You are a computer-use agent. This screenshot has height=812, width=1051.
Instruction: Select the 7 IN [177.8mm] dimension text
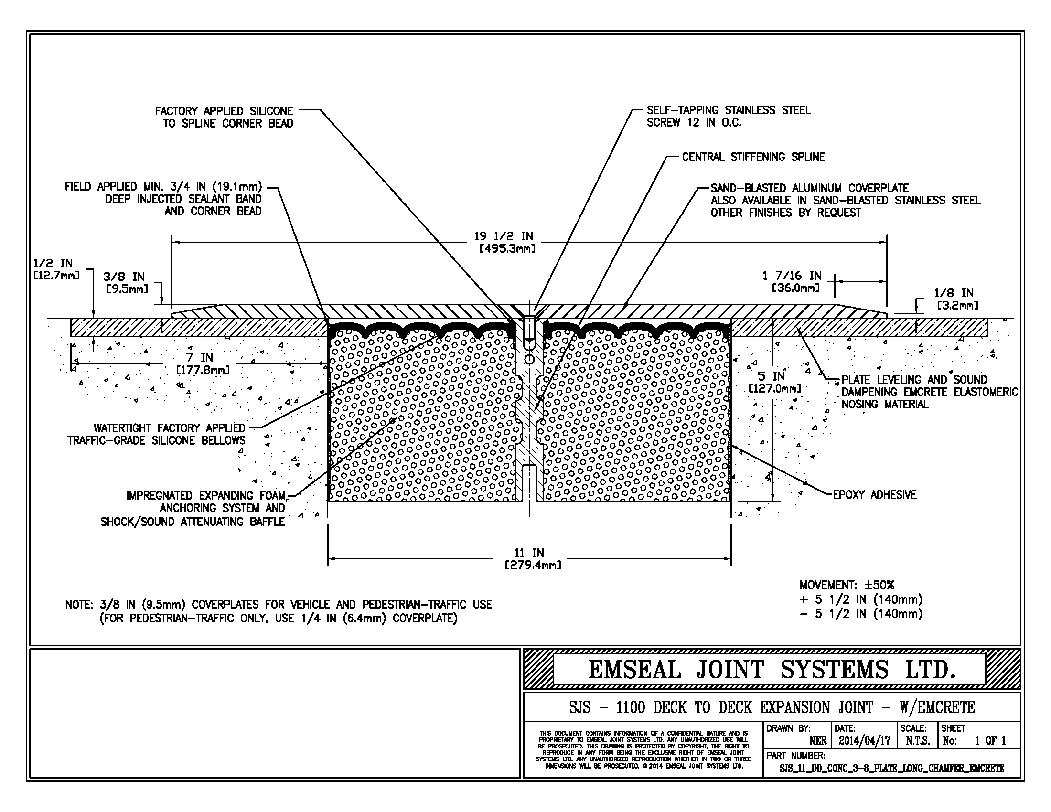tap(202, 363)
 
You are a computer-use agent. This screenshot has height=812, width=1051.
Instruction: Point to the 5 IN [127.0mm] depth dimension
tap(775, 382)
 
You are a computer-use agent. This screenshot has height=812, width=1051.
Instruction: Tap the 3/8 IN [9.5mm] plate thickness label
tap(126, 282)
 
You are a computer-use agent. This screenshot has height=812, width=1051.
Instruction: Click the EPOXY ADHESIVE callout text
tap(874, 494)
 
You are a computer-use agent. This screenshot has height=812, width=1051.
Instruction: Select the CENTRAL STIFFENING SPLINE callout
tap(753, 157)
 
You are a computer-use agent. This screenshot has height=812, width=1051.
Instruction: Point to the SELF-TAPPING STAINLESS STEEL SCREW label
tap(728, 116)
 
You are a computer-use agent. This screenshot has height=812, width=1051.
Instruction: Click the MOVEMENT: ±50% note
tap(847, 585)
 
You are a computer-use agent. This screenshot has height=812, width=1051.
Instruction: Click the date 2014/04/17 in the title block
tap(864, 740)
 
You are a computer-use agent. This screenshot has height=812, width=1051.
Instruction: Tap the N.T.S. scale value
tap(917, 740)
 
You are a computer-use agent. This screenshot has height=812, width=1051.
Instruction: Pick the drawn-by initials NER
tap(817, 740)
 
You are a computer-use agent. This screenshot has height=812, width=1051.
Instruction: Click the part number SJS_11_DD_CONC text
tap(891, 768)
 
